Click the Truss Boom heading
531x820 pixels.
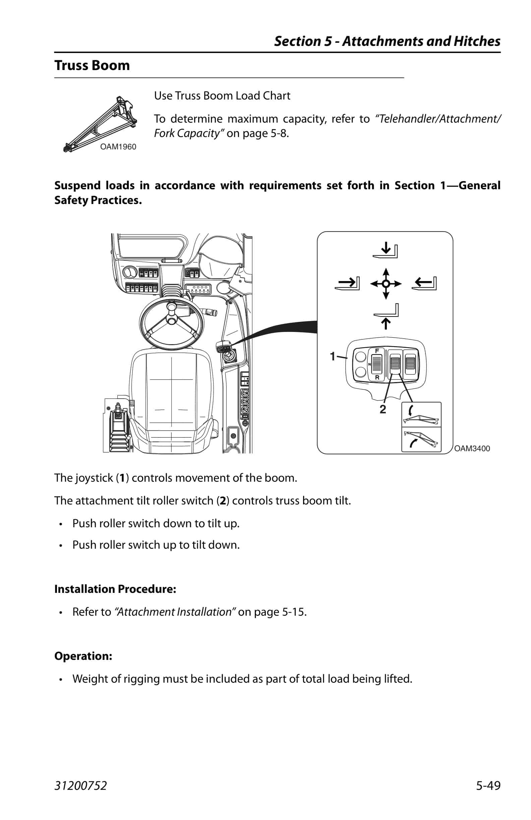92,65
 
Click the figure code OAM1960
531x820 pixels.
118,147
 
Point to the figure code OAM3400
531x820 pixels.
472,448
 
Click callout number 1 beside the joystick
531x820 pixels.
333,356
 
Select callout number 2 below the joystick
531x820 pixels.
383,409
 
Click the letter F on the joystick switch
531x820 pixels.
377,351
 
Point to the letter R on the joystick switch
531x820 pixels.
377,377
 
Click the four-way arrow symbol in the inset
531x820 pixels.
386,284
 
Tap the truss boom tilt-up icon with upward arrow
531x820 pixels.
421,439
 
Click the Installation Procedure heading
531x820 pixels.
115,589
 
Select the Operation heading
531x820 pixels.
83,656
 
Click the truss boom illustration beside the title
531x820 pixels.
100,124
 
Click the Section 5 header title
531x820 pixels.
387,41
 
